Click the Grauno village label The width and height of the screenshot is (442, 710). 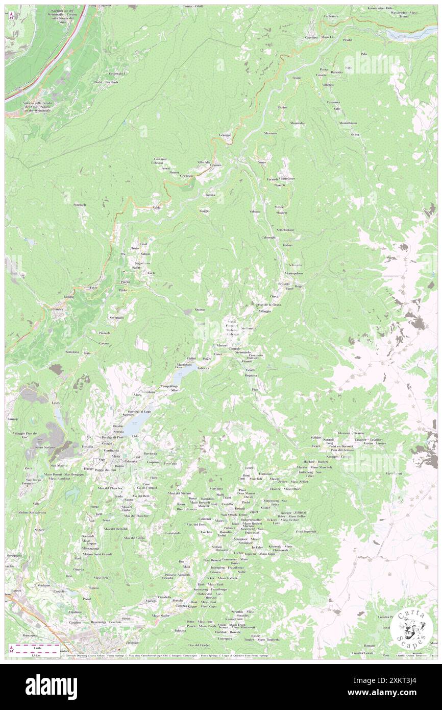225,135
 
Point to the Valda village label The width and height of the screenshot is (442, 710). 157,207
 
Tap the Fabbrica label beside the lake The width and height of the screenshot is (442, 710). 204,368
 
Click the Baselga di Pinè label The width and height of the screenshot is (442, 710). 112,437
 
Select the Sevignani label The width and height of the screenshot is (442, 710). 116,318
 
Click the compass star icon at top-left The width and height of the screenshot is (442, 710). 11,15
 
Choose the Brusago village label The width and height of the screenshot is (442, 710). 284,283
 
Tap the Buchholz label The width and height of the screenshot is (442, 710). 112,82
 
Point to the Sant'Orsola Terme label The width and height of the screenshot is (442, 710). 233,514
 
